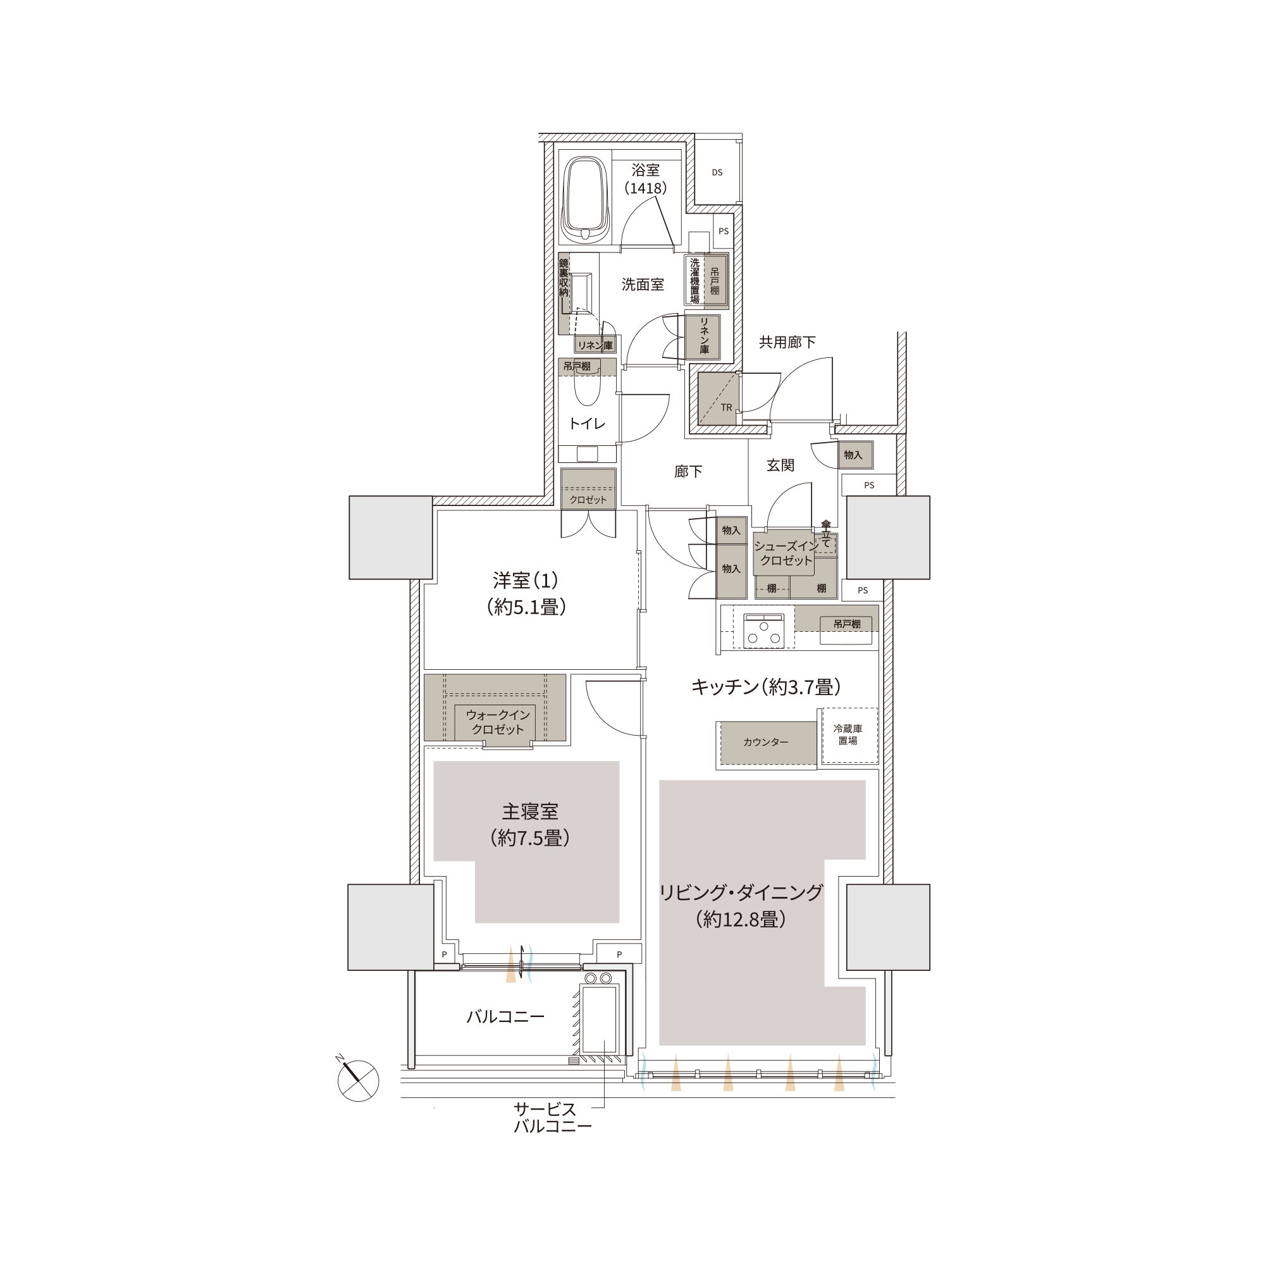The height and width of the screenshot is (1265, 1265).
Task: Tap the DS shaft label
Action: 717,172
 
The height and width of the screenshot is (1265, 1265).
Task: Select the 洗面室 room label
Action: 643,284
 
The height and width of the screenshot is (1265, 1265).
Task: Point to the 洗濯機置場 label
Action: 694,280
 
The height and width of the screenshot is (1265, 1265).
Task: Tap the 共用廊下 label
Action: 787,342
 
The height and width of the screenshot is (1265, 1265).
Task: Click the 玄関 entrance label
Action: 781,465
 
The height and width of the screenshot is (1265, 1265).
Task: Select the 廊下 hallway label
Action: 688,471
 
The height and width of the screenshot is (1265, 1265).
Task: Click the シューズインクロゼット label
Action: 786,553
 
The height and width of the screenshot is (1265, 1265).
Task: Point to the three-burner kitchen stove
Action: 764,631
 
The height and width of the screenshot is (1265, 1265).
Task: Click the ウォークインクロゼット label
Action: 498,722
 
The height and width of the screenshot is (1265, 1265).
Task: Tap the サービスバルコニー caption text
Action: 552,1117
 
